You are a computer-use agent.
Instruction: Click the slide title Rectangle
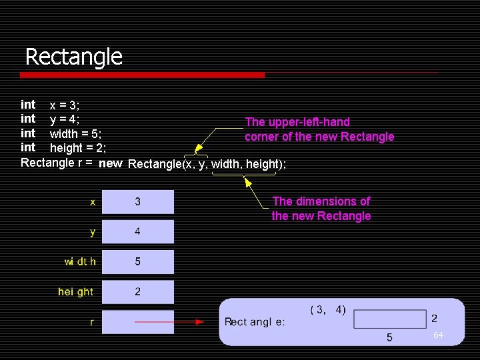pos(74,57)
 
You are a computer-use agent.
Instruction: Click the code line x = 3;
pos(65,105)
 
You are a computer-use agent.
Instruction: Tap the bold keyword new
pos(110,163)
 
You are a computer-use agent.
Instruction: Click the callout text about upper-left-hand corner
pos(319,129)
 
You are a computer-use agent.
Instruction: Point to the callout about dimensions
pos(321,209)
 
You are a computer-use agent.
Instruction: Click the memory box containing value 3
pos(138,201)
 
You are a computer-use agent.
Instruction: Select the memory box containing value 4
pos(138,231)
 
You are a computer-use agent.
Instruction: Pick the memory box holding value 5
pos(138,261)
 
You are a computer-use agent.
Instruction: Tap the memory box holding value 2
pos(138,291)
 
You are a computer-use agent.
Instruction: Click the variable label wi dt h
pos(80,262)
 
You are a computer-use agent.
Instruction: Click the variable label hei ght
pos(75,292)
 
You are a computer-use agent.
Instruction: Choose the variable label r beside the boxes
pos(92,322)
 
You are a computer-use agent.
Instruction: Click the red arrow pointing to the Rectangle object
pos(170,321)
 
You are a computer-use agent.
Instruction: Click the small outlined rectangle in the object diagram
pos(390,319)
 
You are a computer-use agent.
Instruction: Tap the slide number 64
pos(438,335)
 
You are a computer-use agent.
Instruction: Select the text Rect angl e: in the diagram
pos(255,322)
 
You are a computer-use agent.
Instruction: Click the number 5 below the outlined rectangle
pos(390,337)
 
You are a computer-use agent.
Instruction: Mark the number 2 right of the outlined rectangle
pos(435,319)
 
